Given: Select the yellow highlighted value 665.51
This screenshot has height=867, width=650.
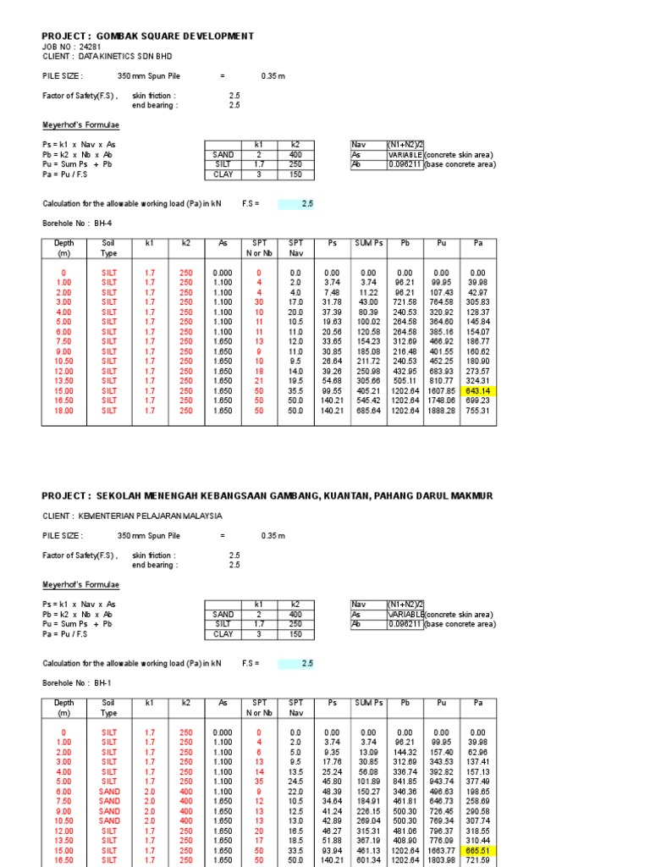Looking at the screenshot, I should coord(477,850).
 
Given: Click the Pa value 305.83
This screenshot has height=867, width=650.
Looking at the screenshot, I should coord(477,302).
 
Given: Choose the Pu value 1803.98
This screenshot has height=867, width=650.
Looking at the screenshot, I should coord(441,859).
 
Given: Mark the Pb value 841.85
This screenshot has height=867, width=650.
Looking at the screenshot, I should coord(405,781).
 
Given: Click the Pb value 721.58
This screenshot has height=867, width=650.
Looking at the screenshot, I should coord(405,302).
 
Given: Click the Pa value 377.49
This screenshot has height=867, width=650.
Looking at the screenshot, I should coord(477,781).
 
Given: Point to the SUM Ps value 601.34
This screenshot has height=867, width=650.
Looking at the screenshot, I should coord(368,859).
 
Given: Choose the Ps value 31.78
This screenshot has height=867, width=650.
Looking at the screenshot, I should coord(331,302).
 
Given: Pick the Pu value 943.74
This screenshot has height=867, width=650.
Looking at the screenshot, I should coord(441,781).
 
